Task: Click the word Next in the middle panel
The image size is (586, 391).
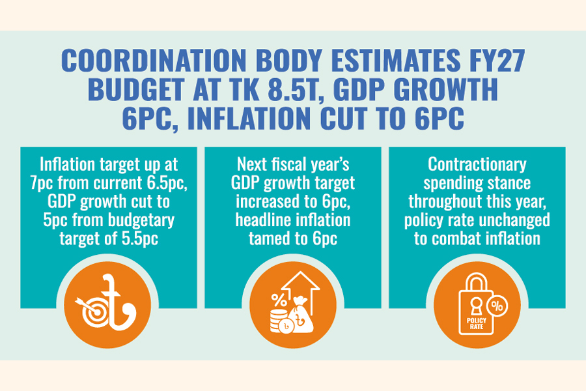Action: point(252,164)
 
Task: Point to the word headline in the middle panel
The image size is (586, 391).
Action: point(264,220)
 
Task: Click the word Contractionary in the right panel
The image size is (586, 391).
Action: point(477,164)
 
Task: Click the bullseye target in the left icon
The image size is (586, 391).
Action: point(92,311)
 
